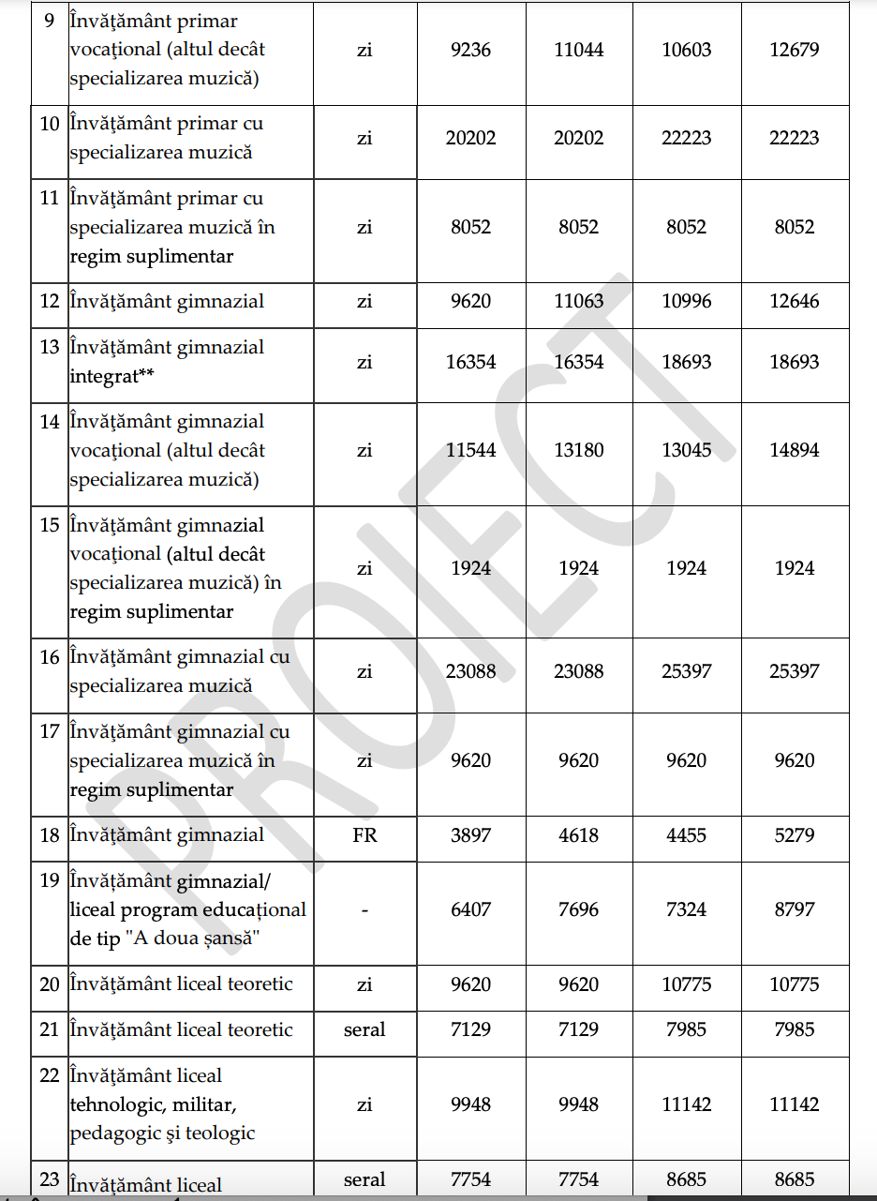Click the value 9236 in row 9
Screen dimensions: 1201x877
(x=470, y=49)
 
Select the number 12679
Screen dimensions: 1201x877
(x=795, y=49)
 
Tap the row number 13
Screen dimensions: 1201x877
(x=50, y=347)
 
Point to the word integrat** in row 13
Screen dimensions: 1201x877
(x=111, y=376)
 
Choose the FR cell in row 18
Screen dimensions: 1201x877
(x=364, y=834)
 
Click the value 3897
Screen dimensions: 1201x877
(x=470, y=834)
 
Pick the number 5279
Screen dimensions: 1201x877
(x=795, y=834)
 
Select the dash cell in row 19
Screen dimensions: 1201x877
(x=364, y=909)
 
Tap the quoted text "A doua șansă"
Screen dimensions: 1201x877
(x=213, y=938)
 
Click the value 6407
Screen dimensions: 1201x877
(x=470, y=909)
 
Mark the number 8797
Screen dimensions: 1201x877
(x=795, y=909)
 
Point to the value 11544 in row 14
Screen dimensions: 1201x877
(x=470, y=450)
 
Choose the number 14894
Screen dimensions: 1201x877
(x=795, y=450)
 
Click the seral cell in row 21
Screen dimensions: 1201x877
(x=364, y=1029)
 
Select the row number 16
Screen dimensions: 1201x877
(x=50, y=657)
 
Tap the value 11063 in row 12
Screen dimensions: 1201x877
(x=578, y=301)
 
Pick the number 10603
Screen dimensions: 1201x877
(x=687, y=49)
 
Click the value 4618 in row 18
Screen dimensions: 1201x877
(x=578, y=834)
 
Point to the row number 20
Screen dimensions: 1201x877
(x=50, y=984)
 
